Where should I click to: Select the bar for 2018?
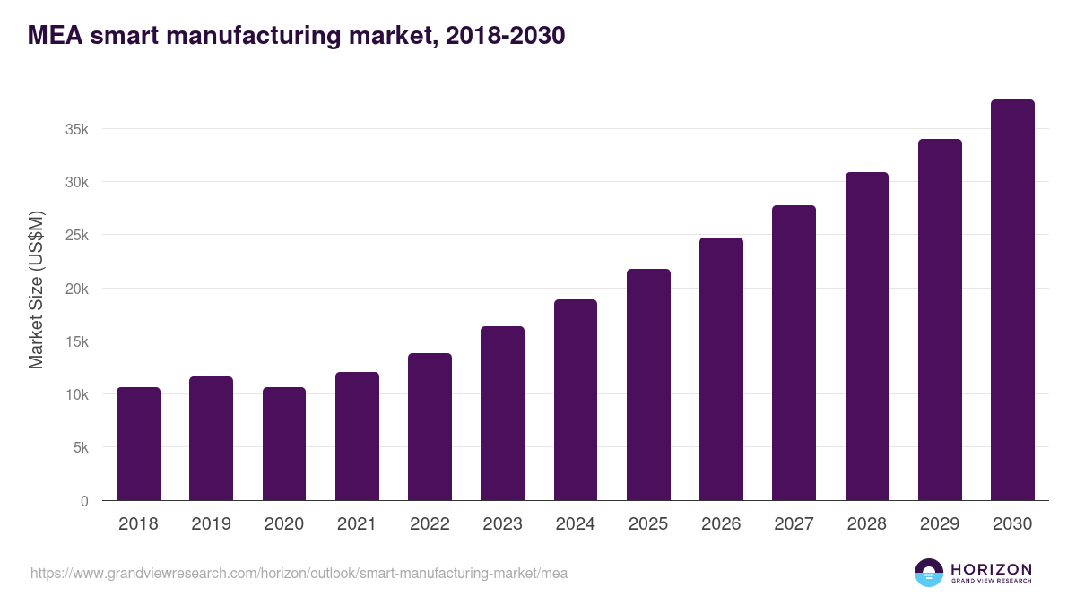(x=138, y=444)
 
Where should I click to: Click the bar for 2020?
(x=284, y=444)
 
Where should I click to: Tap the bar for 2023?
(x=502, y=413)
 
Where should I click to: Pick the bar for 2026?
(x=721, y=368)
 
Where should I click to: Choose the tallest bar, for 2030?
(x=1012, y=300)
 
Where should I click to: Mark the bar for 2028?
(x=866, y=336)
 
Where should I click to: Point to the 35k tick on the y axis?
(x=77, y=129)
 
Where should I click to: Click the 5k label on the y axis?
(x=81, y=448)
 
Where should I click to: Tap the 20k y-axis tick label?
(x=77, y=289)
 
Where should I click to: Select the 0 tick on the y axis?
(x=84, y=501)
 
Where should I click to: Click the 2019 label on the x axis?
(x=211, y=524)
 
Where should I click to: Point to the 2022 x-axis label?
(x=430, y=524)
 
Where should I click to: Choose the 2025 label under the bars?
(x=648, y=524)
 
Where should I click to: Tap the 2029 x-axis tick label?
(x=940, y=524)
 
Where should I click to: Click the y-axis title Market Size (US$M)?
(x=36, y=290)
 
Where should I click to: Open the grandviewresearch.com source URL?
(x=299, y=573)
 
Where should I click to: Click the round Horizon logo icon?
(x=929, y=573)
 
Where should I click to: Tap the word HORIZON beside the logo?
(x=991, y=568)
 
